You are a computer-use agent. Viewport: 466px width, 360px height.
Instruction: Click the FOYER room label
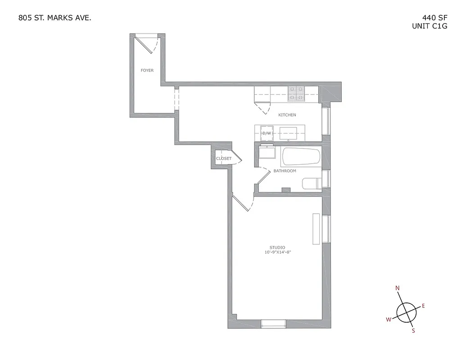147,71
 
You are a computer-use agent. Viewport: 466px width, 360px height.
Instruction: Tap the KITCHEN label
287,115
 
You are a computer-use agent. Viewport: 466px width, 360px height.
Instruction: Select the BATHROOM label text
285,171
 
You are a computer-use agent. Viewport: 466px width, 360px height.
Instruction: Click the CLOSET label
224,158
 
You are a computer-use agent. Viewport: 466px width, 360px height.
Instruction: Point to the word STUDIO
277,247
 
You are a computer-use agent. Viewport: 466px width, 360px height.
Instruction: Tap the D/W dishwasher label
267,134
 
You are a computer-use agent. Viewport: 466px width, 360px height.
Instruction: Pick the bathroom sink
267,152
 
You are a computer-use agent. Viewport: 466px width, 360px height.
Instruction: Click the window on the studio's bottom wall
273,323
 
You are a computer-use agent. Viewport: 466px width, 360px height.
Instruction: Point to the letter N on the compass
398,288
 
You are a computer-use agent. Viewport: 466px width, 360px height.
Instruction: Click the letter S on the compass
413,331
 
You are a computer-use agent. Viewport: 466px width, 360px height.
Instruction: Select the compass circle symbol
406,311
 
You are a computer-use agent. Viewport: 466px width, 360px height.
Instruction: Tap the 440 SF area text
432,18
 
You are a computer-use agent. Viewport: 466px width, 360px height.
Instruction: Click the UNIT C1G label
430,26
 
